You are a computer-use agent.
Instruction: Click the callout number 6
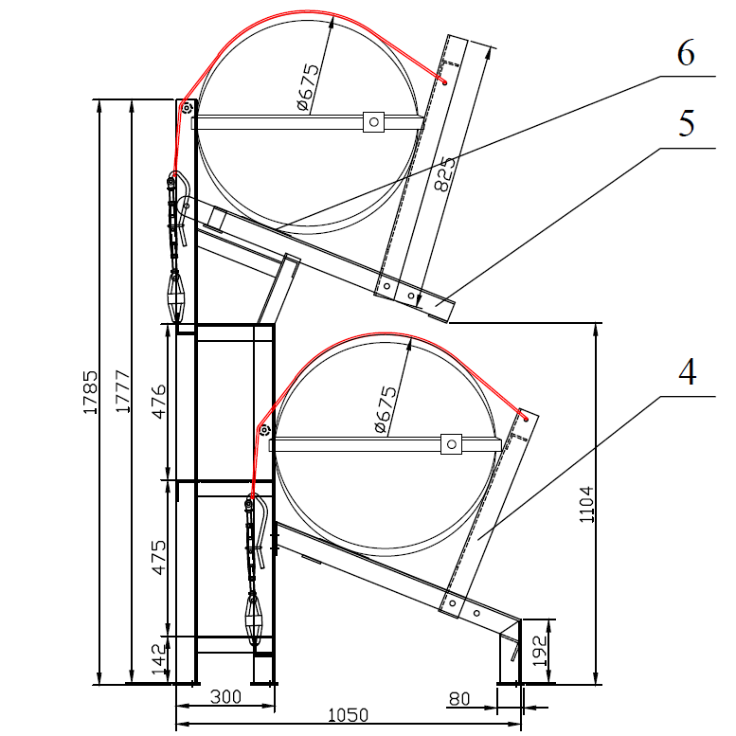coord(685,53)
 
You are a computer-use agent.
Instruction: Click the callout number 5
coord(685,123)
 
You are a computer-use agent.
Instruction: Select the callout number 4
coord(686,372)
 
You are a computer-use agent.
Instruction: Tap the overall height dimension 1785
coord(91,391)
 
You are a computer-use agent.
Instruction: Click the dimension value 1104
coord(585,503)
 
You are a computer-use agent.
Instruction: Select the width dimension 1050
coord(348,716)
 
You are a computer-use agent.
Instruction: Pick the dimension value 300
coord(224,697)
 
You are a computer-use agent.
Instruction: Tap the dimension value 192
coord(538,651)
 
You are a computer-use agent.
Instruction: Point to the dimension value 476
coord(158,402)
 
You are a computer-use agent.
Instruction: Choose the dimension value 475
coord(158,558)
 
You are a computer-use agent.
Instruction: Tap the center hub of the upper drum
coord(373,121)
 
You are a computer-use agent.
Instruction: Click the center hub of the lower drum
coord(451,443)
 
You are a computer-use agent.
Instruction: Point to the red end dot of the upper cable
coord(443,82)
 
